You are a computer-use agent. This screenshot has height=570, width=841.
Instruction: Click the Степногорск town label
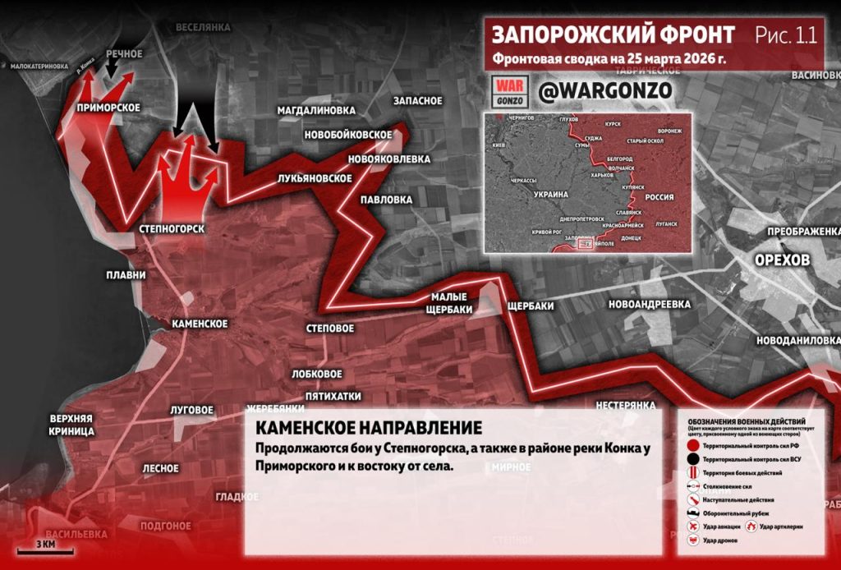point(172,228)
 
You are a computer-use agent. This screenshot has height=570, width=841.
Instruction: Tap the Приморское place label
point(108,108)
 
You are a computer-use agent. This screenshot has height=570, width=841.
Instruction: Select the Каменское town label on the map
point(200,324)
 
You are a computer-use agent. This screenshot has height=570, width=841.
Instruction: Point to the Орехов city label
point(783,260)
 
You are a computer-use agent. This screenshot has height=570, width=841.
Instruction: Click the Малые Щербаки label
point(449,303)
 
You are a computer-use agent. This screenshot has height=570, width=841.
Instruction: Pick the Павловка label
point(386,200)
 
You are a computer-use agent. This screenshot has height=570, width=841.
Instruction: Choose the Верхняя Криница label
point(71,424)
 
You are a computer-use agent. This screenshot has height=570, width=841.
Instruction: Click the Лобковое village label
point(316,374)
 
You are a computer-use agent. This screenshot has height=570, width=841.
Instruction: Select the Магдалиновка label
point(316,110)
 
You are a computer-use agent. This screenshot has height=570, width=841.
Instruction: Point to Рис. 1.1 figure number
point(785,35)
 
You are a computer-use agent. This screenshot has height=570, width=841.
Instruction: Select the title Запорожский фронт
point(614,35)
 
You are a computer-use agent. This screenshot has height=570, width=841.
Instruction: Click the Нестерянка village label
point(626,406)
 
